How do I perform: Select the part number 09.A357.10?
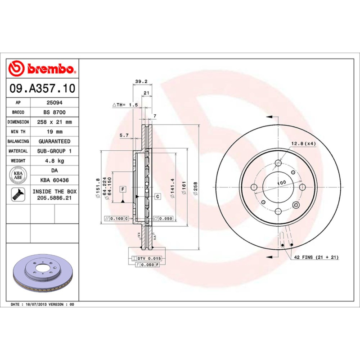[x=42, y=88]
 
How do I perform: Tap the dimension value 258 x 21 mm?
[x=54, y=122]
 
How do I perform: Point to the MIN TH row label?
[x=18, y=132]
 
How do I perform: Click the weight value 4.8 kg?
[x=54, y=161]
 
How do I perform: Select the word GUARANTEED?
[x=54, y=141]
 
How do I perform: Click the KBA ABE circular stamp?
[x=18, y=175]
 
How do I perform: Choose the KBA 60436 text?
[x=54, y=180]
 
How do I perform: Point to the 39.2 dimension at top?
[x=141, y=81]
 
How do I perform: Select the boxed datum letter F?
[x=122, y=189]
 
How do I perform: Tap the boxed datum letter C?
[x=158, y=197]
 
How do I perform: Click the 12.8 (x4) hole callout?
[x=303, y=144]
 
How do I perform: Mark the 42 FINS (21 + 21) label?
[x=316, y=257]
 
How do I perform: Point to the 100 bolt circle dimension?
[x=281, y=183]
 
